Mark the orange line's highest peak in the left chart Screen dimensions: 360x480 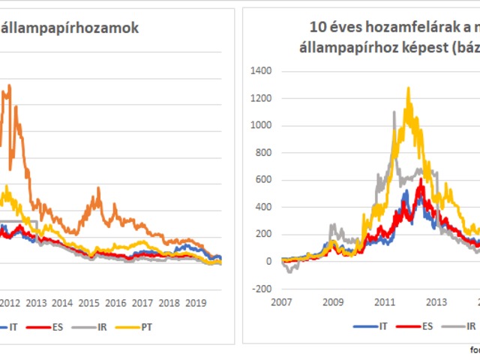[x=9, y=85]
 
